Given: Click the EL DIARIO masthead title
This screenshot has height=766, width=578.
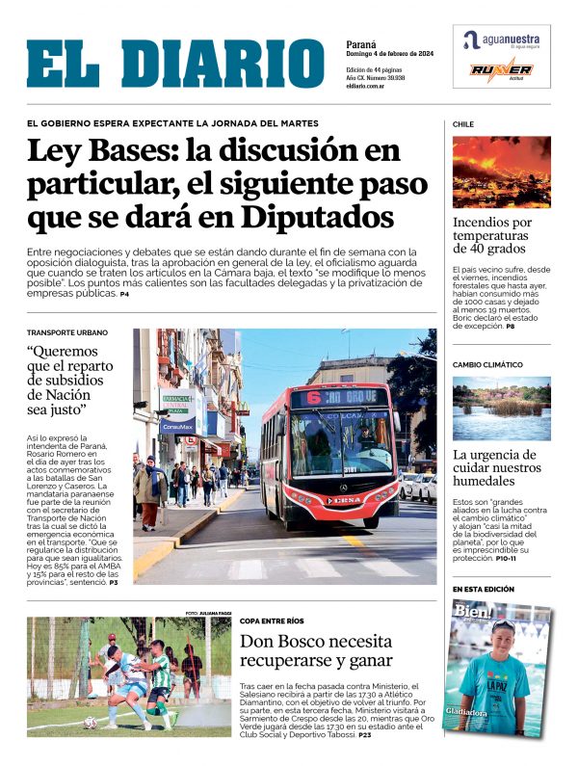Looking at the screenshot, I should coord(175,65).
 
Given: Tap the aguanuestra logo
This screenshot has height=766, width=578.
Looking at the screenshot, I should coord(501,40).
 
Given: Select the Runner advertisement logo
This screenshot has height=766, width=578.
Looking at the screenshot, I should coord(501,71).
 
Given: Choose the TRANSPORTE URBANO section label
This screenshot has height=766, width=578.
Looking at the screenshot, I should coord(67,333).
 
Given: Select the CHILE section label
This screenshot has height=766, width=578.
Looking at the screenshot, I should coord(463,124).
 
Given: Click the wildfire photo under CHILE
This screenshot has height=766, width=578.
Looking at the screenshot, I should coord(501,172).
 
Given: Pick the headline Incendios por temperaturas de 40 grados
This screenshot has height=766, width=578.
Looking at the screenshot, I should coord(492,235).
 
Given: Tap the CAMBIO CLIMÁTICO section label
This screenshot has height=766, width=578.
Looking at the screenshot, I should coord(487,365).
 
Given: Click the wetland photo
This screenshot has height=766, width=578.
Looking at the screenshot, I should coord(501,408).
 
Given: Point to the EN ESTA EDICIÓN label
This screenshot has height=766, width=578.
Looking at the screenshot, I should coord(484,589).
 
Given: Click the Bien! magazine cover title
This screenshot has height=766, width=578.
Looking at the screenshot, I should coord(474,613).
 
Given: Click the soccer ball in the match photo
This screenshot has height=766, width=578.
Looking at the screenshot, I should coord(90,722).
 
